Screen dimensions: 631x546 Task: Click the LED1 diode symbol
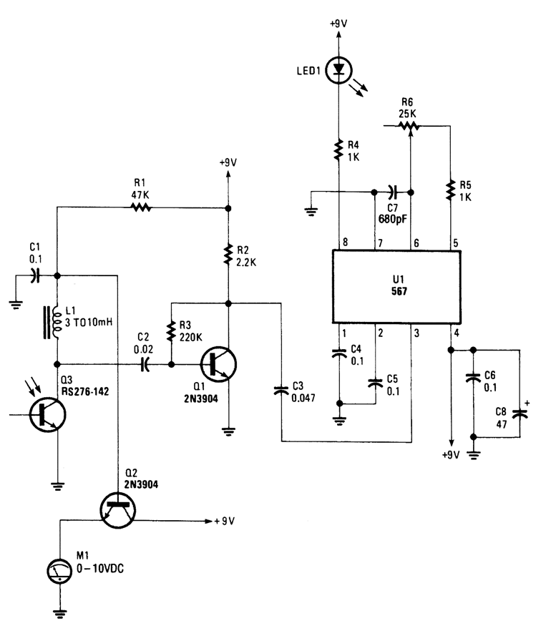338,69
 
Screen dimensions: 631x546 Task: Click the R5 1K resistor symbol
450,190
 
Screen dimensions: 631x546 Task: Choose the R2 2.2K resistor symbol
228,254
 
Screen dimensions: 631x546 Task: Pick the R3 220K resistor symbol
172,331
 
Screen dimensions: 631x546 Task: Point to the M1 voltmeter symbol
59,570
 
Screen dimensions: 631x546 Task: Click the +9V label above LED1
338,23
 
